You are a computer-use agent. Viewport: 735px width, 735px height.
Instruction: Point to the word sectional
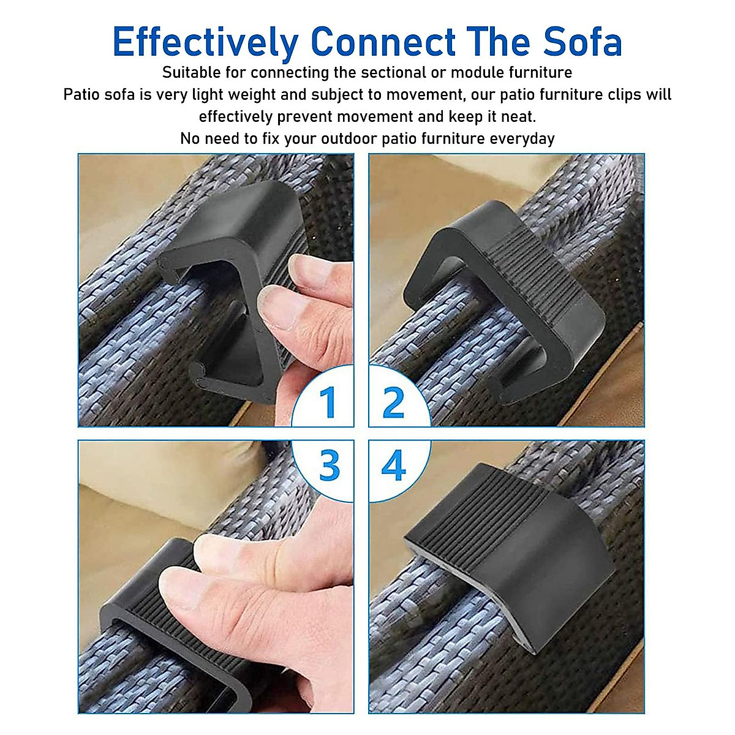coord(394,73)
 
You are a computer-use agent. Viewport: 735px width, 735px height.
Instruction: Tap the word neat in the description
coord(517,116)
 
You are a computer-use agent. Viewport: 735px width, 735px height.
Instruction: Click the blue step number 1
coord(328,402)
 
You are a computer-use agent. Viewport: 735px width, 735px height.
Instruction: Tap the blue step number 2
coord(393,402)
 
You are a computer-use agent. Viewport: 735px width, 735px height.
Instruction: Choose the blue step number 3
coord(329,466)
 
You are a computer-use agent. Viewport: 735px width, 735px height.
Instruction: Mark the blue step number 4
coord(393,466)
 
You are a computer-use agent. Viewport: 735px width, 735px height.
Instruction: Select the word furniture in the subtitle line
coord(541,73)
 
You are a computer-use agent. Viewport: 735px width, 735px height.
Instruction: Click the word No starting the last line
coord(190,138)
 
